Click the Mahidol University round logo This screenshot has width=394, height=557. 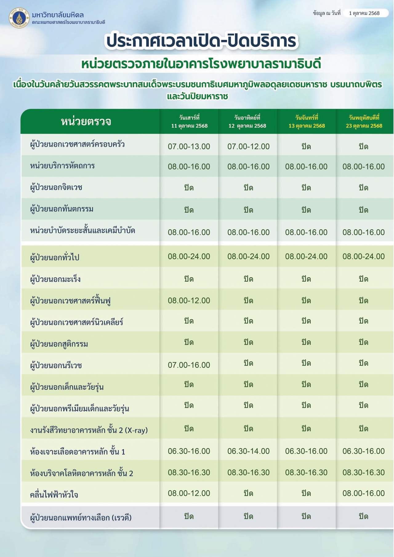[19, 18]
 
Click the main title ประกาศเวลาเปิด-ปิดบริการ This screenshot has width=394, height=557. [201, 41]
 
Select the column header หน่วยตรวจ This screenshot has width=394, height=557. [86, 122]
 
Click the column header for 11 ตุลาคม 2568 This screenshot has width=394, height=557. [189, 122]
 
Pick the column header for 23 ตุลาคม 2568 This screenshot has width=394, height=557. [364, 122]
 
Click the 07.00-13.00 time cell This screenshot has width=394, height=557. [189, 146]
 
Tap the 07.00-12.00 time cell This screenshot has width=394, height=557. [248, 146]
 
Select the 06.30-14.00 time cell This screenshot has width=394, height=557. [248, 451]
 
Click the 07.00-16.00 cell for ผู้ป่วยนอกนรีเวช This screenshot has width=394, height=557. [189, 365]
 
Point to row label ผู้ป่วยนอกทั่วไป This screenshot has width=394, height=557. [55, 257]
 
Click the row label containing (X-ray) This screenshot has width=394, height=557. [89, 430]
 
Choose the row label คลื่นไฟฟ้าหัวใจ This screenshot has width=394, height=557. [54, 495]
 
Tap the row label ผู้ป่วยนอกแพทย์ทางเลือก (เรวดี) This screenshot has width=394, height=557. [81, 518]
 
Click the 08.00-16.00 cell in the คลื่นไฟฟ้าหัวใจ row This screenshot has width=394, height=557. [364, 493]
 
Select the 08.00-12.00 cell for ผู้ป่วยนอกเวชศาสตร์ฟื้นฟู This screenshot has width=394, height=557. [189, 300]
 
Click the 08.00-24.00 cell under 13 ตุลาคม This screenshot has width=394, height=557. [306, 256]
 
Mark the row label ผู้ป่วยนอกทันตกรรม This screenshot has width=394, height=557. [62, 209]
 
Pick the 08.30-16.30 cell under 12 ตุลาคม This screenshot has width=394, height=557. [248, 472]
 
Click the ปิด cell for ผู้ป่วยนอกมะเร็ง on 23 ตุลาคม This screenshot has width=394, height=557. [364, 279]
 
